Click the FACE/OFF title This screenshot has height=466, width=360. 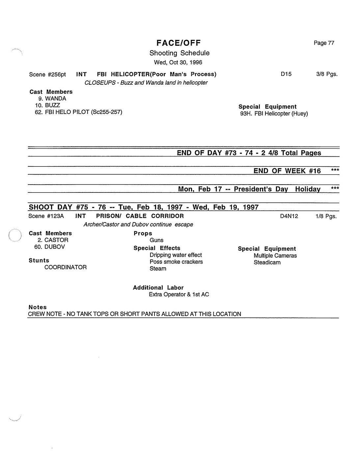point(179,43)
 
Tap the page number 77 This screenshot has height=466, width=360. point(331,43)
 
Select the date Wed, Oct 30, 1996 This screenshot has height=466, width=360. point(178,62)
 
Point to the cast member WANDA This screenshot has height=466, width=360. point(55,99)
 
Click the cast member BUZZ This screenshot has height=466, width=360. point(52,105)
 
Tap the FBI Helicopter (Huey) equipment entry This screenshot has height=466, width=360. point(274,114)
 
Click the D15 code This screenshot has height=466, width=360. point(286,74)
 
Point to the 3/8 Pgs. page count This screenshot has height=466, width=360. point(327,74)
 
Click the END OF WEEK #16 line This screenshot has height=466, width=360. point(287,171)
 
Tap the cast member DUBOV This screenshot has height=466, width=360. point(54,247)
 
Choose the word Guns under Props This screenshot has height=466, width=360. point(156,240)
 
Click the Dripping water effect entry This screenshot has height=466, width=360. point(176,255)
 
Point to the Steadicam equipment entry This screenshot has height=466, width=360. point(267,263)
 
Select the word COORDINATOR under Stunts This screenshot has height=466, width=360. point(66,267)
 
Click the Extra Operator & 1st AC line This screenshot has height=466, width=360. point(179,295)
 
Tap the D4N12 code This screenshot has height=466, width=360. point(289,216)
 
